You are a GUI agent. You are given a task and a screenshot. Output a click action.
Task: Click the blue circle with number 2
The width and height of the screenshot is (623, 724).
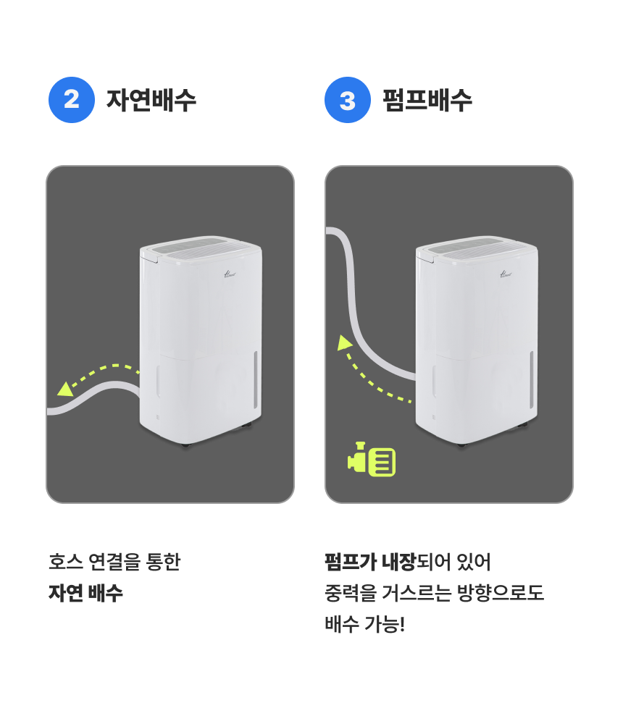72,100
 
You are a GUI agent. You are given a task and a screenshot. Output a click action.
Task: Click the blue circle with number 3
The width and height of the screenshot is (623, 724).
348,100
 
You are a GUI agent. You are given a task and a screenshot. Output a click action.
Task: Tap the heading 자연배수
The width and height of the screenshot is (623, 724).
151,100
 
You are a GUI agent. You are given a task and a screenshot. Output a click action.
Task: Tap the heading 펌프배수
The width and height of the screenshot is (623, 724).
427,100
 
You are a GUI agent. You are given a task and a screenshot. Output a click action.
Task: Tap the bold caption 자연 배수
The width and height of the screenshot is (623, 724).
85,593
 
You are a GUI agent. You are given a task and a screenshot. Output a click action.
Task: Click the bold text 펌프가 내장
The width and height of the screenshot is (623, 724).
370,561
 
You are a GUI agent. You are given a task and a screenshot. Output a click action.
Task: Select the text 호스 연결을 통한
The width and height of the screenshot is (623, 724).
114,561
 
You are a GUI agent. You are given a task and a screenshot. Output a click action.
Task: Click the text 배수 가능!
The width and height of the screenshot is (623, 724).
364,624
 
